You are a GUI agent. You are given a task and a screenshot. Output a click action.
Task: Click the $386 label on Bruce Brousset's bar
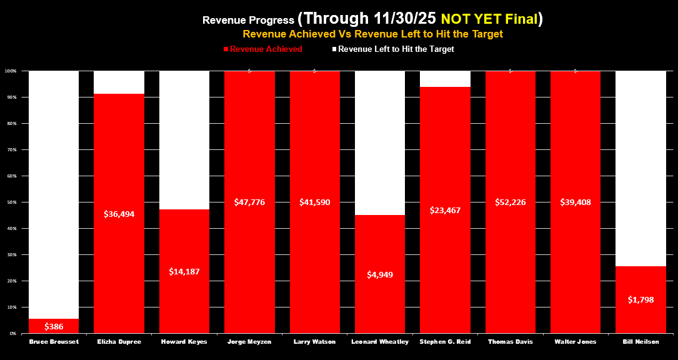(54, 326)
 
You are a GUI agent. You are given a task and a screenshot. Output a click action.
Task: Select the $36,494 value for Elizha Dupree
(119, 214)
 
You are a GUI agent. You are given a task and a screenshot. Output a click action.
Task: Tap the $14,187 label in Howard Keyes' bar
(184, 271)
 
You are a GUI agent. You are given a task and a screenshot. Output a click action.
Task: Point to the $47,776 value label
(249, 202)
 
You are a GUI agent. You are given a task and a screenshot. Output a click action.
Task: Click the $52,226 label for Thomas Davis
(511, 202)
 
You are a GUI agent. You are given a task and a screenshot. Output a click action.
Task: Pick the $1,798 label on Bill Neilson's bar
(641, 299)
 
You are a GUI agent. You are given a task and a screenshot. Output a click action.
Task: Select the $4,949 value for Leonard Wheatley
(380, 274)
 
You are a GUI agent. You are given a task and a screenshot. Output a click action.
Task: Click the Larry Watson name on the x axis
(315, 341)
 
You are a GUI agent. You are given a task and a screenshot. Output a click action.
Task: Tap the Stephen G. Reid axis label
(445, 341)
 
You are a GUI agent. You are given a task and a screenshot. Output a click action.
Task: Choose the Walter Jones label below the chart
(576, 341)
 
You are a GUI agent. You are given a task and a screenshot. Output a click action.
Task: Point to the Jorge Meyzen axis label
(249, 341)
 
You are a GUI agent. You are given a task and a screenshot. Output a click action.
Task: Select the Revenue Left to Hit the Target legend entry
(396, 49)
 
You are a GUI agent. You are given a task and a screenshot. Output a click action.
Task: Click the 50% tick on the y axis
(12, 202)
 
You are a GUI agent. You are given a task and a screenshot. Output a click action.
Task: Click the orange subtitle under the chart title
(373, 34)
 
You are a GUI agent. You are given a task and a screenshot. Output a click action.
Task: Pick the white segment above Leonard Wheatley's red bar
(380, 142)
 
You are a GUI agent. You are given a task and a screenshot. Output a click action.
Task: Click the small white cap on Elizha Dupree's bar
(119, 82)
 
